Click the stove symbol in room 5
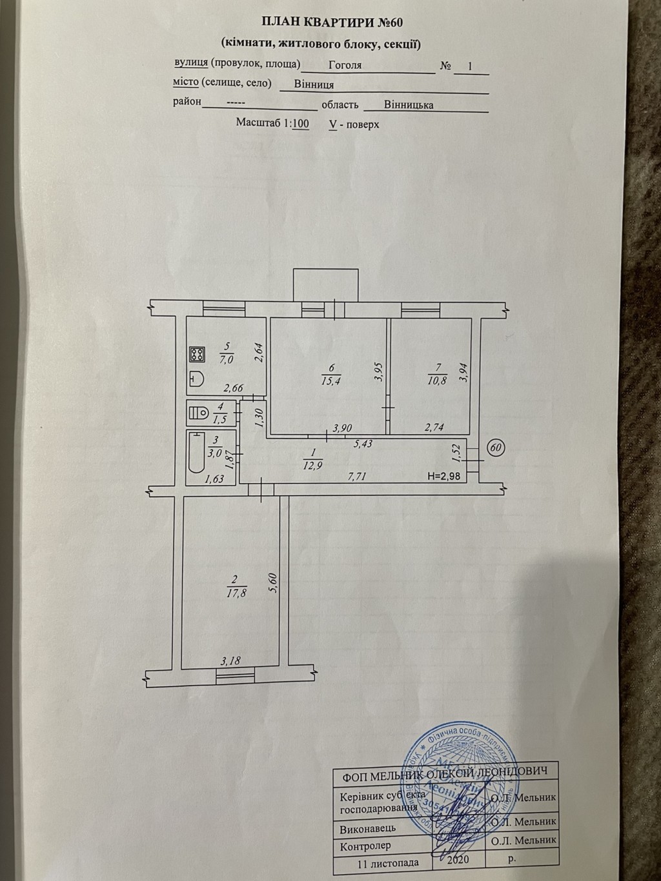197,354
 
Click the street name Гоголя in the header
345,65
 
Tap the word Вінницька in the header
408,104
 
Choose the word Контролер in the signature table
365,845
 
